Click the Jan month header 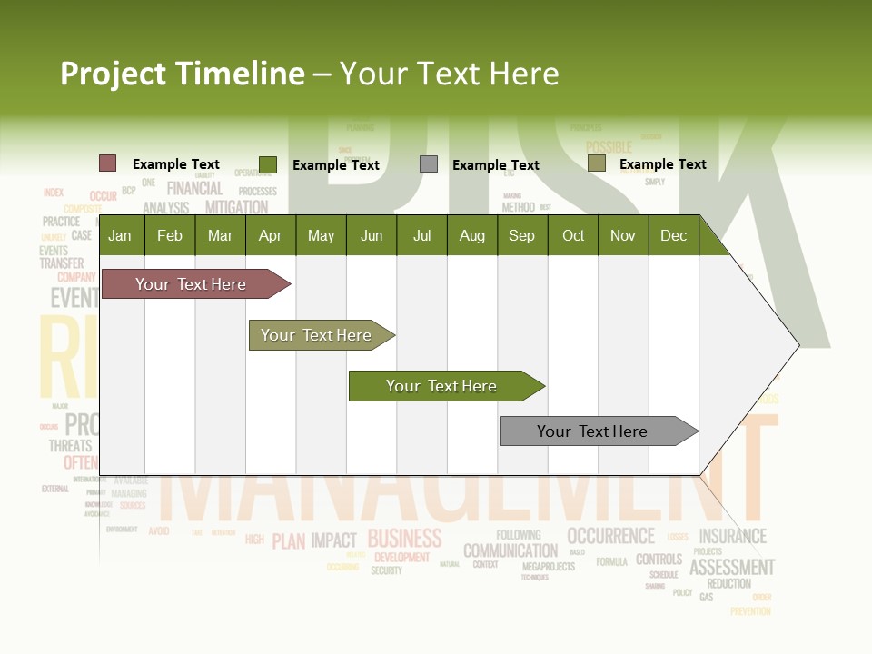[x=120, y=236]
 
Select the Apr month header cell [x=270, y=236]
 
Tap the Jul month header [x=421, y=236]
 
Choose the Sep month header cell [x=521, y=236]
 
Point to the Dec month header [x=673, y=236]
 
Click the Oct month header [x=573, y=236]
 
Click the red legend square [x=108, y=163]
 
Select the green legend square [x=268, y=164]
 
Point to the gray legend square [x=429, y=164]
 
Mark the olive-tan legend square [x=596, y=163]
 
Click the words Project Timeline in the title [x=182, y=74]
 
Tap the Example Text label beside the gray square [x=495, y=165]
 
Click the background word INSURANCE [x=732, y=536]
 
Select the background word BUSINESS [x=404, y=539]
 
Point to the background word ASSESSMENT [x=732, y=568]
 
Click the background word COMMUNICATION [x=510, y=550]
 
